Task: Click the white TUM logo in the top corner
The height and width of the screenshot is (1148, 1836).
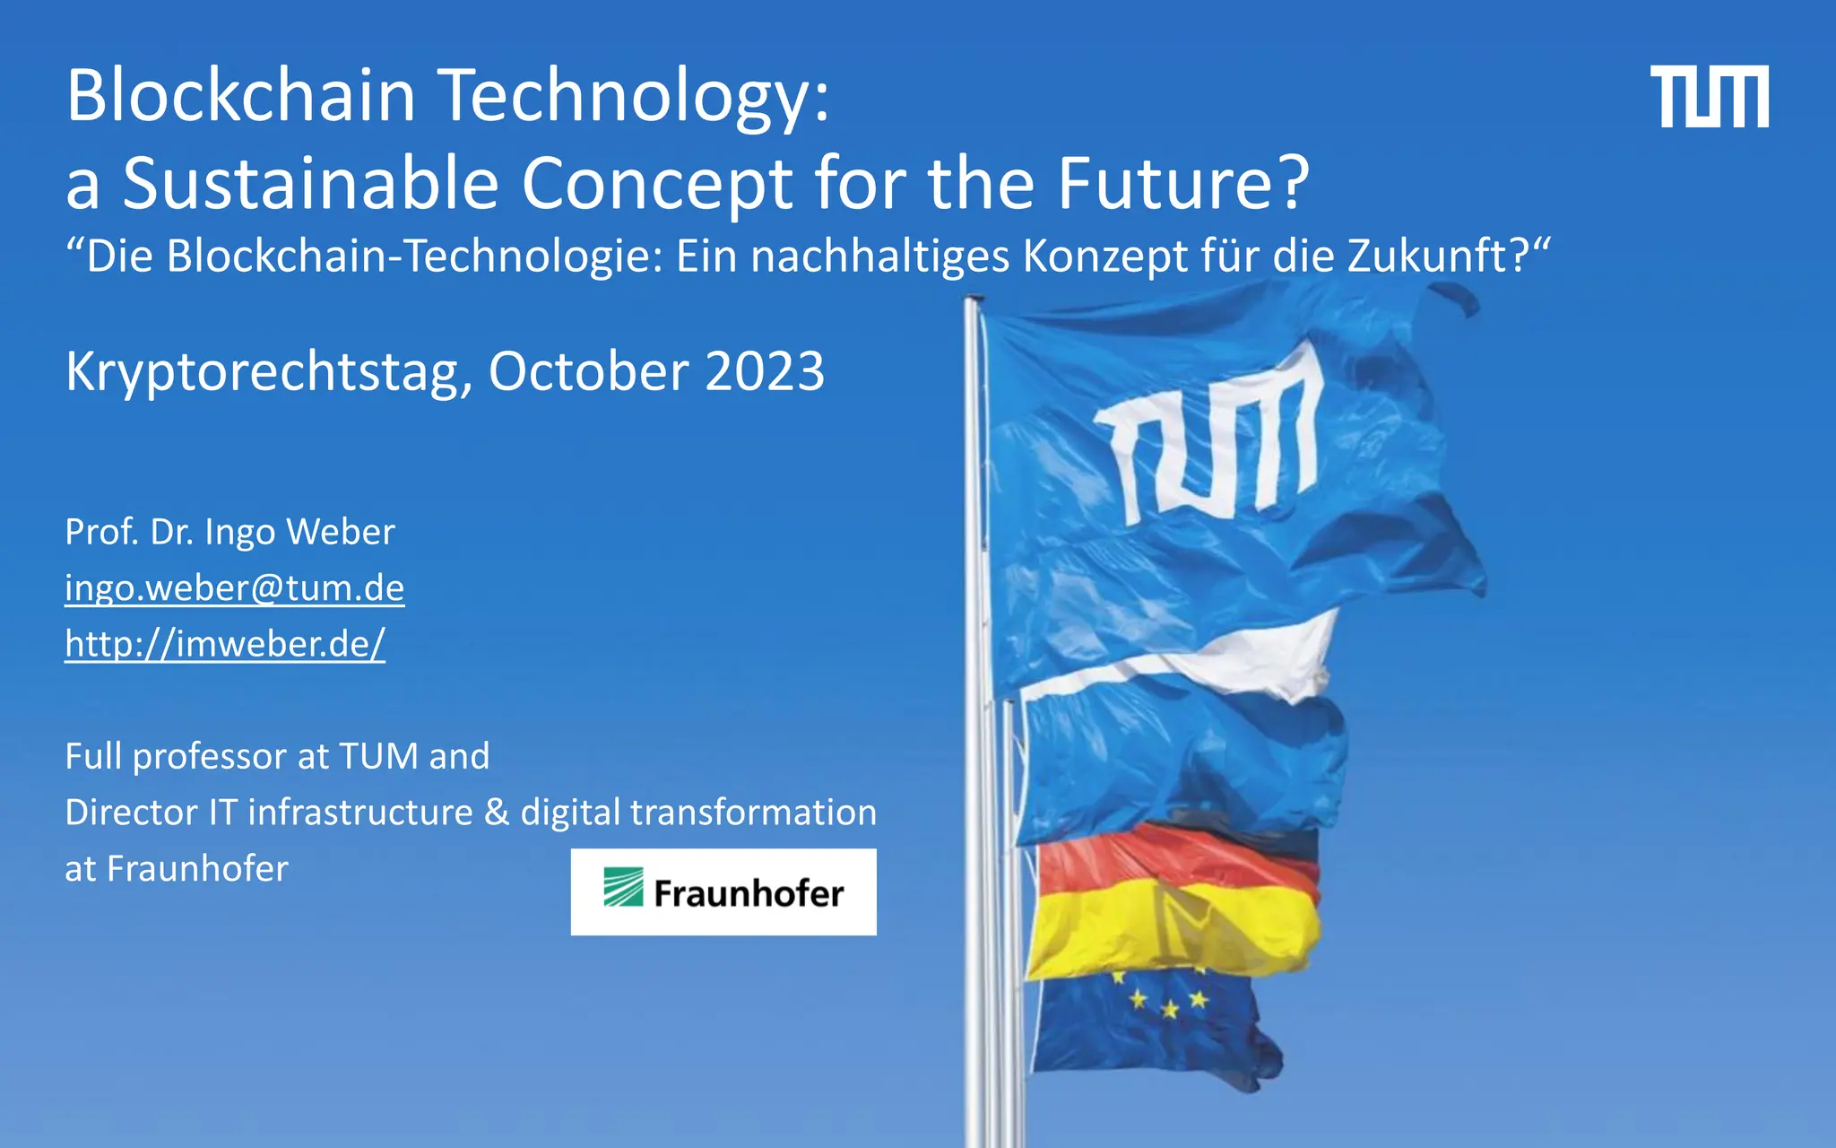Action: coord(1709,96)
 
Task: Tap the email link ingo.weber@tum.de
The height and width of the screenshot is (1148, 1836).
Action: coord(235,588)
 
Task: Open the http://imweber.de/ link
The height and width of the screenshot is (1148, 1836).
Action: coord(225,644)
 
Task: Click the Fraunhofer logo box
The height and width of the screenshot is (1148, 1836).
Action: coord(723,891)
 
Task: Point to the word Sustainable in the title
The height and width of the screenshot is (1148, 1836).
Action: coord(310,184)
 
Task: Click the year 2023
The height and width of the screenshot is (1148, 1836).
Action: coord(765,371)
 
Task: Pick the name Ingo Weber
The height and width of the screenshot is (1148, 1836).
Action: coord(299,532)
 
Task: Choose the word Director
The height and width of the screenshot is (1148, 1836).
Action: coord(131,813)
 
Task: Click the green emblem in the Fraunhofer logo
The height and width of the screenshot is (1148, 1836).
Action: coord(623,888)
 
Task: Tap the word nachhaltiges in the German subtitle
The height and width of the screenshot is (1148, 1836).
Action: coord(880,257)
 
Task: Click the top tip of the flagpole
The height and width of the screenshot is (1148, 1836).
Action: coord(974,300)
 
